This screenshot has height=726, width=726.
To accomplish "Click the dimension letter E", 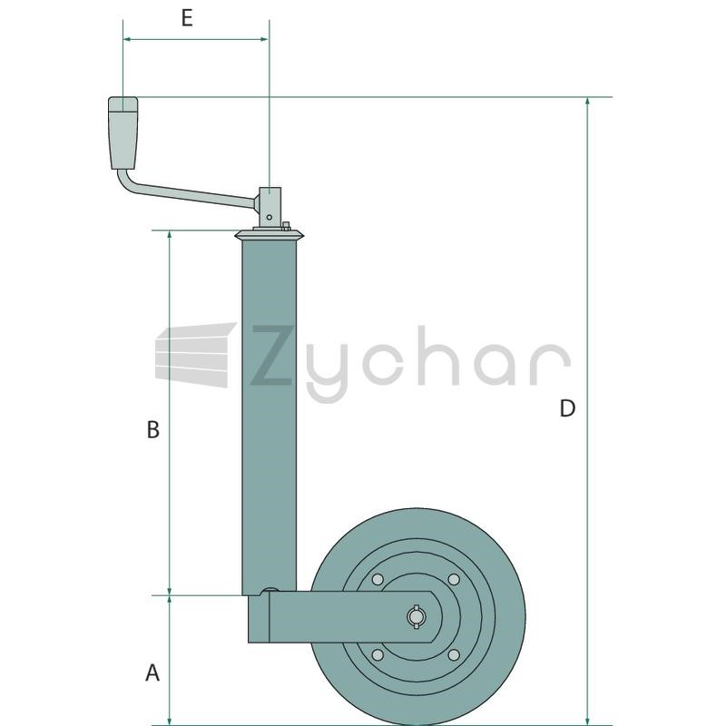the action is tap(187, 18).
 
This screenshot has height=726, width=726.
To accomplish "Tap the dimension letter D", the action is tap(567, 408).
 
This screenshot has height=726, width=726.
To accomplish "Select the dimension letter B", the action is tap(152, 429).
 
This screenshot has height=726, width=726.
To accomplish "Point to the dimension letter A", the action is tap(152, 672).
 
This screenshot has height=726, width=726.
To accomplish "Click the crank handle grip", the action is tap(123, 132).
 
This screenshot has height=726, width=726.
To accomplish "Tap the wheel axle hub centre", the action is tap(416, 617).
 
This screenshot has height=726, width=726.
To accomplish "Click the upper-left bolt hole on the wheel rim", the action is tap(378, 579).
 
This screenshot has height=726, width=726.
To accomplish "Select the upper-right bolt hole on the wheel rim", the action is tap(454, 579).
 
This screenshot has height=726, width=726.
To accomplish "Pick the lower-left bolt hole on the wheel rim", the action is tap(378, 655).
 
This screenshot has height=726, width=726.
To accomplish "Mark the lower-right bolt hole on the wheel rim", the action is tap(454, 655).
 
